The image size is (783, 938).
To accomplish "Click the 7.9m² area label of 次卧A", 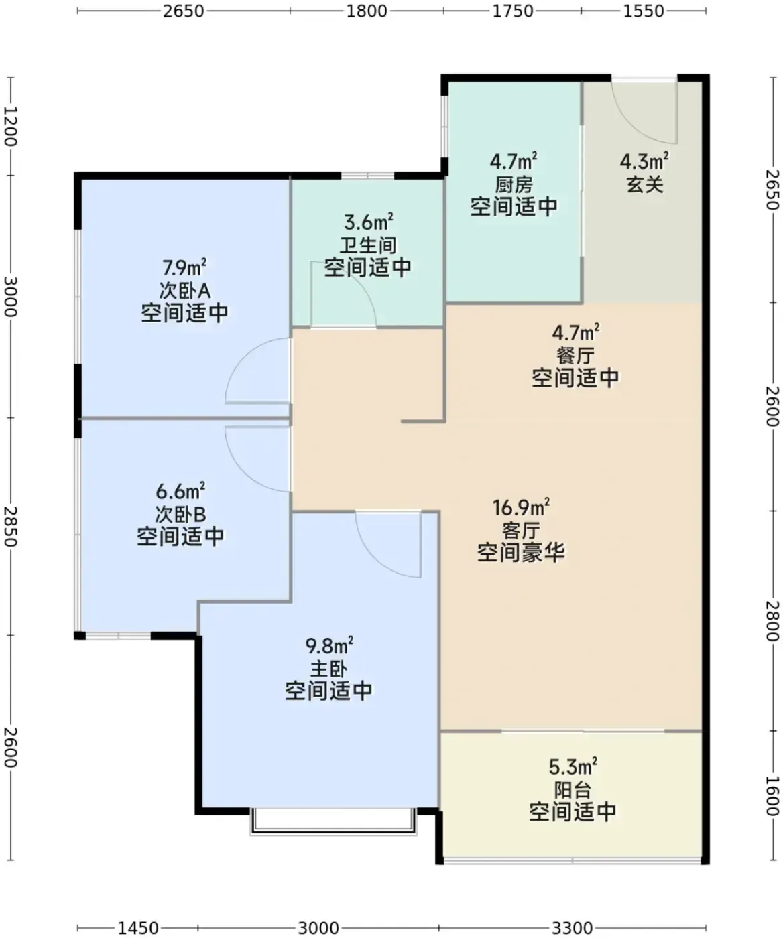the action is pyautogui.click(x=185, y=268).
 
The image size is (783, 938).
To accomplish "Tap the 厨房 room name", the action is pyautogui.click(x=514, y=184).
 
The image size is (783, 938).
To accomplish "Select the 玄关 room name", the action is pyautogui.click(x=645, y=184).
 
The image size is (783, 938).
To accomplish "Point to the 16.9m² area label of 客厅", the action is pyautogui.click(x=521, y=508).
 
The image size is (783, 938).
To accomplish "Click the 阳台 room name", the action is pyautogui.click(x=573, y=790).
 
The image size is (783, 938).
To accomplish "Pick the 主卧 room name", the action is pyautogui.click(x=328, y=669).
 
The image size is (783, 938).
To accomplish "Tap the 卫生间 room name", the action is pyautogui.click(x=368, y=245).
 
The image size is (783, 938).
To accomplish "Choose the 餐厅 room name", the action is pyautogui.click(x=575, y=356).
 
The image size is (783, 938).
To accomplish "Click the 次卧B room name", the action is pyautogui.click(x=180, y=515).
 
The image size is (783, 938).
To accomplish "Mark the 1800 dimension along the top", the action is pyautogui.click(x=366, y=11).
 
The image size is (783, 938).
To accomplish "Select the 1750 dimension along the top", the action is pyautogui.click(x=513, y=11).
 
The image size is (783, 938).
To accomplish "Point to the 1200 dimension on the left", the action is pyautogui.click(x=11, y=126).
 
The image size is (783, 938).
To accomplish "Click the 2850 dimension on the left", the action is pyautogui.click(x=11, y=527).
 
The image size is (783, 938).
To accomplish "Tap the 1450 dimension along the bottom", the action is pyautogui.click(x=138, y=928).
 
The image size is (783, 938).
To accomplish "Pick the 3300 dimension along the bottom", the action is pyautogui.click(x=573, y=928).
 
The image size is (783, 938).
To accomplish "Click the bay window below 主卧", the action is pyautogui.click(x=334, y=821).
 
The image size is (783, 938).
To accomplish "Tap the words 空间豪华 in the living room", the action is pyautogui.click(x=521, y=553).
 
